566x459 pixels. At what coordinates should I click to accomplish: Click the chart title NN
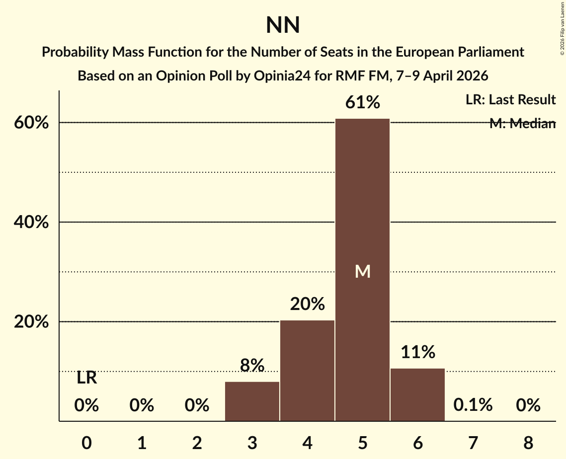click(x=283, y=25)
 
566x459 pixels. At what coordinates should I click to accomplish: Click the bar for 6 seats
click(x=417, y=394)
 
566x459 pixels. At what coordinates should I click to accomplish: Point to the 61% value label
click(x=362, y=103)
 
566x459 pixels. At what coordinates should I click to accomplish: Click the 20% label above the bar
click(x=307, y=304)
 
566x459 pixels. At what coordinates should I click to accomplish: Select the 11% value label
click(x=417, y=352)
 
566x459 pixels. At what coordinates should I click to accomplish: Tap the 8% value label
click(x=252, y=366)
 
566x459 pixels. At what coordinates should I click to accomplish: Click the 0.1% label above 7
click(x=473, y=405)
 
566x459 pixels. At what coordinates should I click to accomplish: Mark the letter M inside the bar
click(x=362, y=271)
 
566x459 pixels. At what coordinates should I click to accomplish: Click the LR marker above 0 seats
click(x=86, y=378)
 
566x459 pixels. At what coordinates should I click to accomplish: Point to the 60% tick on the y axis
click(x=31, y=123)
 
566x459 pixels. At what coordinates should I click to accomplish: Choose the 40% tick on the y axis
click(x=31, y=223)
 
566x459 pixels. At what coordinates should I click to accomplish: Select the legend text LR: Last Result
click(x=510, y=100)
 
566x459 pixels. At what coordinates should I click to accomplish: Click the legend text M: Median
click(x=522, y=123)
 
